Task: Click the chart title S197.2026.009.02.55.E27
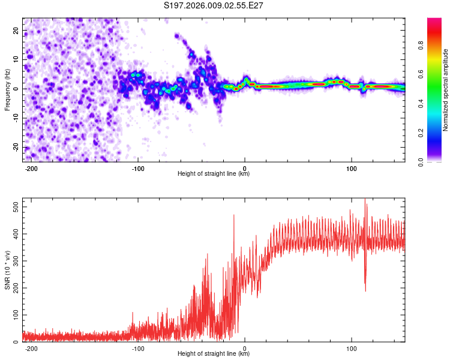[214, 5]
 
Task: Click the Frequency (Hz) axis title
[7, 89]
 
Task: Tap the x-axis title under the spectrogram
[214, 174]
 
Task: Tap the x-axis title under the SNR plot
[214, 354]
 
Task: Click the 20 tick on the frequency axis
[16, 30]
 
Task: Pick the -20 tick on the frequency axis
[14, 148]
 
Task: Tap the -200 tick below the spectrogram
[31, 168]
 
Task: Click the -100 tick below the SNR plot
[138, 348]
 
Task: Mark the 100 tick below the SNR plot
[351, 348]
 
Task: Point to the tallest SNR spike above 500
[365, 200]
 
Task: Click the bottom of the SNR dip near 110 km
[365, 290]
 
